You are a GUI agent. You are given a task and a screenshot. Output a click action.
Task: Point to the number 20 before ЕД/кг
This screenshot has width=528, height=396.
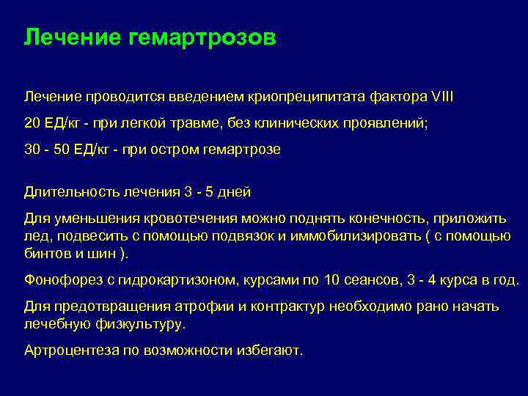coord(33,123)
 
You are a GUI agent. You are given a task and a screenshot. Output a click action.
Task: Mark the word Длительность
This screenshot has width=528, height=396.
coord(65,192)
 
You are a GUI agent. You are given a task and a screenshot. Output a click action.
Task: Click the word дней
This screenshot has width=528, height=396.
coord(232,192)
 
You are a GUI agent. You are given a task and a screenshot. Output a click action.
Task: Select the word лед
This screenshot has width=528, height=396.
coord(34,235)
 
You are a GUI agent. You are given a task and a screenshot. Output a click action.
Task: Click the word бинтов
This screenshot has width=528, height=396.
coord(45,253)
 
